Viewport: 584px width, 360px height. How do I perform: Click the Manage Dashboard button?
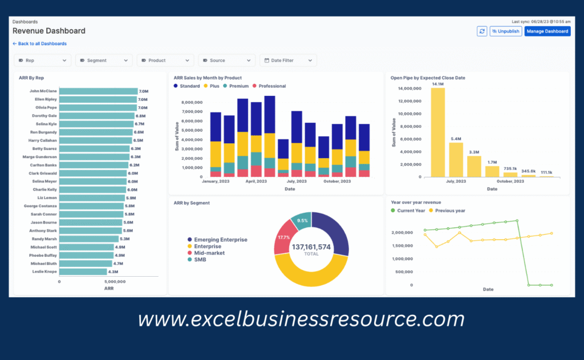[547, 31]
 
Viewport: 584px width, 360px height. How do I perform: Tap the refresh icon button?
[482, 31]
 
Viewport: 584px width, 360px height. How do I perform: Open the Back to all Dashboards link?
[39, 43]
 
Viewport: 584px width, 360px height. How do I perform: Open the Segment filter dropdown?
[104, 60]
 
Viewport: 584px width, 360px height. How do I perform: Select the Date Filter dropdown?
[288, 60]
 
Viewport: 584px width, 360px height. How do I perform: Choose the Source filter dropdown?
[226, 60]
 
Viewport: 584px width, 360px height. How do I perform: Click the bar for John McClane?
[98, 91]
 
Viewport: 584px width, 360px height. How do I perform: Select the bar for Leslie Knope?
[83, 272]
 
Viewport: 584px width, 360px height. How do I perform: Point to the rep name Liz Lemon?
[47, 197]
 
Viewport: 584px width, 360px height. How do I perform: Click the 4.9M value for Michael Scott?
[120, 247]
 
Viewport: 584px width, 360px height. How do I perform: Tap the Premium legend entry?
[236, 86]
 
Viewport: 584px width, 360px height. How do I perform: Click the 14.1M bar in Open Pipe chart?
[438, 132]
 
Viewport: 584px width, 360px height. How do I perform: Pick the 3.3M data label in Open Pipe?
[474, 152]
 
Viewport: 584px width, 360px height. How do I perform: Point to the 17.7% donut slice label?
[284, 237]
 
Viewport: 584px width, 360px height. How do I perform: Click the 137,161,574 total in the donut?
[311, 247]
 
